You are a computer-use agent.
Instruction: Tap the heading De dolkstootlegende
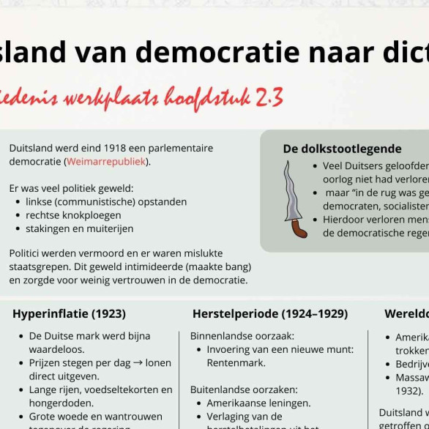pyautogui.click(x=342, y=149)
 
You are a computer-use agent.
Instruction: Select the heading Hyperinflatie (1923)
pyautogui.click(x=69, y=313)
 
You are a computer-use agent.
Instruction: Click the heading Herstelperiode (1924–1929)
pyautogui.click(x=269, y=313)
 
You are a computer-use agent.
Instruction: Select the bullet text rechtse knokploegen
pyautogui.click(x=74, y=215)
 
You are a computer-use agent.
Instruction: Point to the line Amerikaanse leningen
pyautogui.click(x=258, y=403)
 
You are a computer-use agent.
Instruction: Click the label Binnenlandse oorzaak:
pyautogui.click(x=242, y=336)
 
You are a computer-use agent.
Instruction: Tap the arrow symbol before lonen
pyautogui.click(x=141, y=362)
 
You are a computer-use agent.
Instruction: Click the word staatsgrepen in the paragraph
pyautogui.click(x=39, y=267)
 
